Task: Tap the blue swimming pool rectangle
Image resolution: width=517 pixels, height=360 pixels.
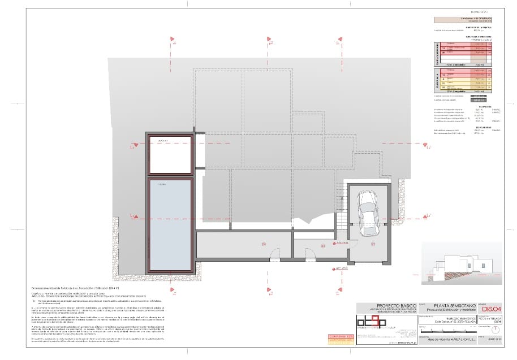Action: [x=170, y=224]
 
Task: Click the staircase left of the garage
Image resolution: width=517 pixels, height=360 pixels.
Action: [x=341, y=203]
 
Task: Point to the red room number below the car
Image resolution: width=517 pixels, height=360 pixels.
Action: [x=373, y=244]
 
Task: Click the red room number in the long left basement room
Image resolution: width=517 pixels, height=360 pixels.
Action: [x=264, y=244]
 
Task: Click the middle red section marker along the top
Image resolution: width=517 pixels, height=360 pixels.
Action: [x=268, y=39]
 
